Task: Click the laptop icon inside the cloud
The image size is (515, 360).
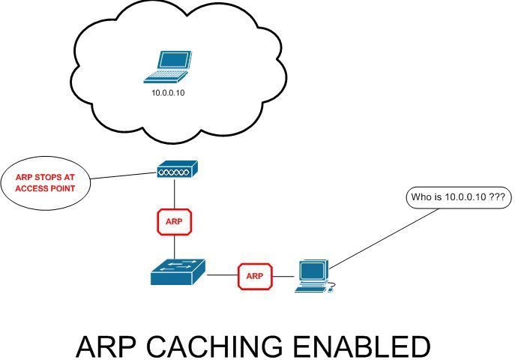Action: point(168,66)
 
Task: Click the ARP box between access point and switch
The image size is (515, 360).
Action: point(174,222)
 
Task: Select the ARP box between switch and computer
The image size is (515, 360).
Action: point(253,276)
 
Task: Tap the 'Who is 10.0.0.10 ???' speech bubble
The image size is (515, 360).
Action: point(458,199)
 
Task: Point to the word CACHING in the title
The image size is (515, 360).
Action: point(217,347)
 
